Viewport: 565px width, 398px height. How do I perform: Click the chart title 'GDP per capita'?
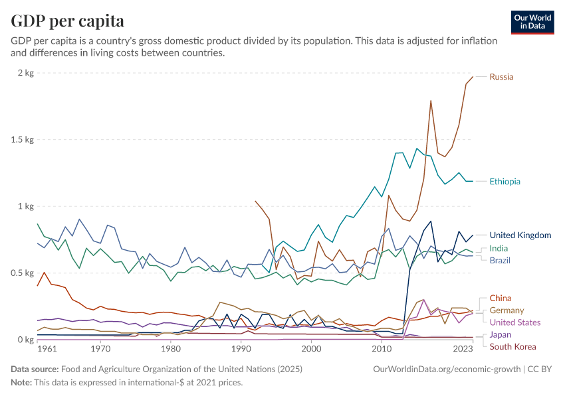(68, 21)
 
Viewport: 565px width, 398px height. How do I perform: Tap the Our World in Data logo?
(532, 22)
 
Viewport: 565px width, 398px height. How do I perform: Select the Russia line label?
(501, 77)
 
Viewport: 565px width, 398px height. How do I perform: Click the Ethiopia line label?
(505, 181)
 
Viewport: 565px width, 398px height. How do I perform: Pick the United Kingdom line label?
(520, 235)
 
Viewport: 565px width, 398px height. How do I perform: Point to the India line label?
(499, 248)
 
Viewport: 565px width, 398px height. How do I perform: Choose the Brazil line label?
(500, 260)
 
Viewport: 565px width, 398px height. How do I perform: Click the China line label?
(501, 298)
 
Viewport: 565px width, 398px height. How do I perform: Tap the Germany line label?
(507, 310)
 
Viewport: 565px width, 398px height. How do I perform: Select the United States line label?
(515, 322)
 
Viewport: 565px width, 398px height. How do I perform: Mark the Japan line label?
(501, 334)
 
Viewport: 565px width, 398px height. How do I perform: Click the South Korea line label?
(512, 346)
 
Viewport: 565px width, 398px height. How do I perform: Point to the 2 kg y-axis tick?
(25, 73)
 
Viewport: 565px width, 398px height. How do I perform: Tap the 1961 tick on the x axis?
(47, 349)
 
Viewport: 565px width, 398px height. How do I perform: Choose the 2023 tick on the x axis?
(463, 349)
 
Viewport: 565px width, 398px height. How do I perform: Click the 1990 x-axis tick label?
(241, 349)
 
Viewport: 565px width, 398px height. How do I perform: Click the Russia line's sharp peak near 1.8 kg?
(431, 101)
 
